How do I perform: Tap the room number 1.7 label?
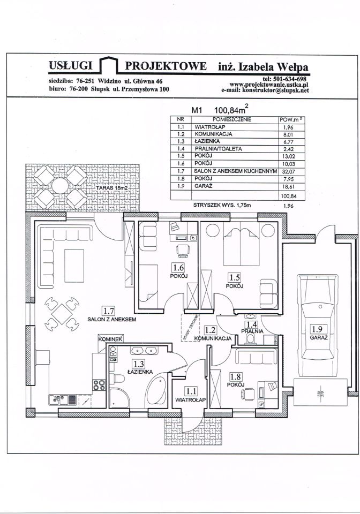(109, 310)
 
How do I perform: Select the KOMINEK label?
(111, 339)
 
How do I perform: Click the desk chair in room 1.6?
(182, 249)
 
